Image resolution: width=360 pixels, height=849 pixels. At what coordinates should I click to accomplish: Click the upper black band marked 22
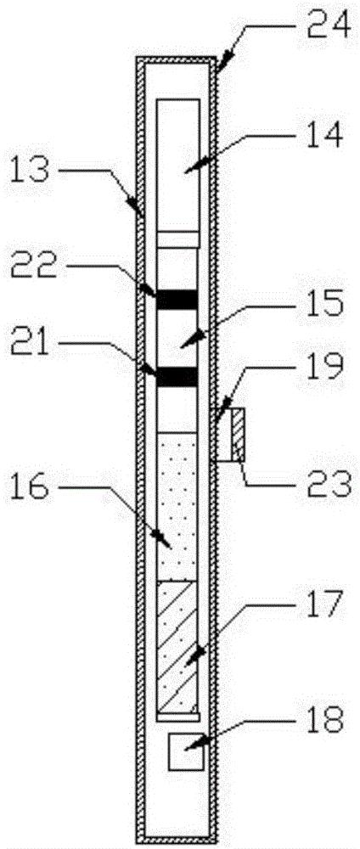point(177,300)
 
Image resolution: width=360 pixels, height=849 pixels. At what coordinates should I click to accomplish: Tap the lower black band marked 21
point(177,377)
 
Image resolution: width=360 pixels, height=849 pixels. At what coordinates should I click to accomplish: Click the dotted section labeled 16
point(177,507)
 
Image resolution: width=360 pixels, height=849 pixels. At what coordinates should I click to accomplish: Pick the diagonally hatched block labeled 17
point(177,647)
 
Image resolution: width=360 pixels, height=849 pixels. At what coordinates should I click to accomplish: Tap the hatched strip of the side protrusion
point(238,434)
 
